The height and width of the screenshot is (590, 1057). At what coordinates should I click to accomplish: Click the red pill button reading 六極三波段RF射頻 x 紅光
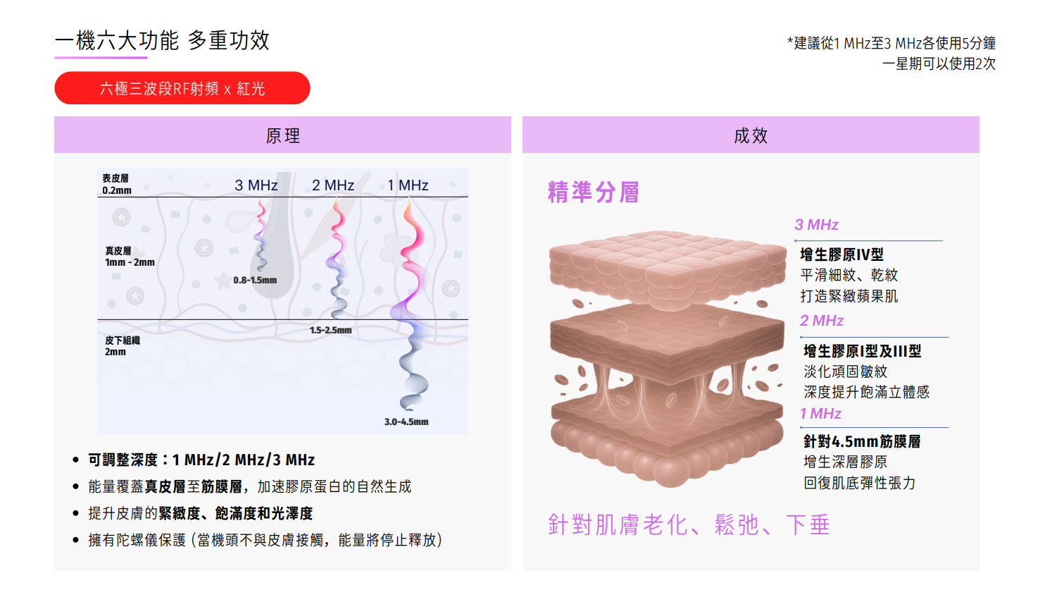pyautogui.click(x=182, y=88)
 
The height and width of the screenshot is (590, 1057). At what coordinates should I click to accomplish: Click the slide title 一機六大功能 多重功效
pyautogui.click(x=162, y=41)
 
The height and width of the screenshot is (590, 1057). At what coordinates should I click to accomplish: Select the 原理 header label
pyautogui.click(x=282, y=135)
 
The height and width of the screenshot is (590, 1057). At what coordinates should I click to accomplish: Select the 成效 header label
pyautogui.click(x=751, y=135)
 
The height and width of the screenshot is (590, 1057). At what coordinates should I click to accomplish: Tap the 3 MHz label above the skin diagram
pyautogui.click(x=256, y=185)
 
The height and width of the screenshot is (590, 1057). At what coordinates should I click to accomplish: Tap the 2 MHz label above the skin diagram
pyautogui.click(x=333, y=185)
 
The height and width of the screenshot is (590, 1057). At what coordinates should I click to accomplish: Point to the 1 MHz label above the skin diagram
pyautogui.click(x=408, y=185)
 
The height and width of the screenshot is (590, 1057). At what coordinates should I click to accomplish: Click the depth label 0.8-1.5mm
pyautogui.click(x=255, y=280)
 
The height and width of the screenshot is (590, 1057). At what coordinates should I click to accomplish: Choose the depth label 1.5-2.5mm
pyautogui.click(x=330, y=330)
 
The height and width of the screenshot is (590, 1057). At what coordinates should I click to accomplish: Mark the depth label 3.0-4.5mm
pyautogui.click(x=406, y=422)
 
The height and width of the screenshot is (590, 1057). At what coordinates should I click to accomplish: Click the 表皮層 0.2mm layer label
pyautogui.click(x=116, y=184)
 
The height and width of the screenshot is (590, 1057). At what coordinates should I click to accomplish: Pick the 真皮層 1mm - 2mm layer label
pyautogui.click(x=130, y=257)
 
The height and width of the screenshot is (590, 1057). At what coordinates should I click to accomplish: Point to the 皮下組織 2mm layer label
pyautogui.click(x=123, y=345)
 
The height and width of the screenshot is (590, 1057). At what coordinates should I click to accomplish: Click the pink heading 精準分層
pyautogui.click(x=594, y=192)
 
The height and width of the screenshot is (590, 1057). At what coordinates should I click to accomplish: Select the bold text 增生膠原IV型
pyautogui.click(x=842, y=254)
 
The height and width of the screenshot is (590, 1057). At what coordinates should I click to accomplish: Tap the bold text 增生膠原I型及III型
pyautogui.click(x=862, y=351)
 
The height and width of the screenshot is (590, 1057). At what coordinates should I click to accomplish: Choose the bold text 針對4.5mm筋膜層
pyautogui.click(x=862, y=441)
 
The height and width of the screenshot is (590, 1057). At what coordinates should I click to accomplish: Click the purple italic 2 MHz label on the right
pyautogui.click(x=822, y=321)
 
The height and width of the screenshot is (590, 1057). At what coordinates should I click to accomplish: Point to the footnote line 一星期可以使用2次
pyautogui.click(x=939, y=63)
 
